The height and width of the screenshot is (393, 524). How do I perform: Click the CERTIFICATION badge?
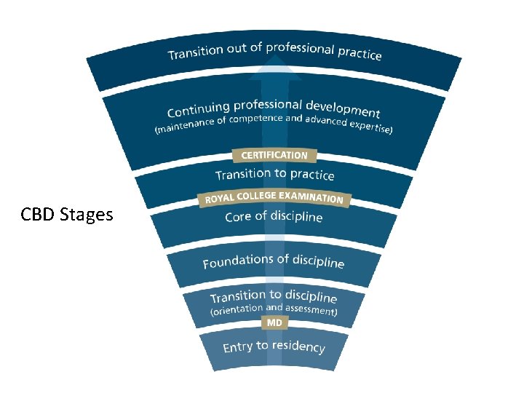[x=274, y=155]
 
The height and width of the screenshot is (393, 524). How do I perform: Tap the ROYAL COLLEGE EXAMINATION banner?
[x=274, y=197]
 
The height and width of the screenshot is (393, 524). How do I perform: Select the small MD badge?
[x=274, y=322]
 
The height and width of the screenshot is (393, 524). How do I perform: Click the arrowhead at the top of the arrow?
[x=274, y=69]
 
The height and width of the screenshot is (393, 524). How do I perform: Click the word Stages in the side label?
[x=89, y=215]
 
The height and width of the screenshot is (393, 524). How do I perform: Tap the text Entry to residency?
[x=274, y=346]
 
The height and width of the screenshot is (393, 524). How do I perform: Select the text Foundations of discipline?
[x=274, y=261]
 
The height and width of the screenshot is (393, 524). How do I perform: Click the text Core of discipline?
[x=274, y=217]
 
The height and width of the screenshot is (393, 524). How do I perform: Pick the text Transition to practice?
[x=274, y=175]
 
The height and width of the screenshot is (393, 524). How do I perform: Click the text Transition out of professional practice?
[x=274, y=52]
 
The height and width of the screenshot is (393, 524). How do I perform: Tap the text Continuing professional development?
[x=274, y=109]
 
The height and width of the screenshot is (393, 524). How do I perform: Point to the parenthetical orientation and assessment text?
[x=274, y=310]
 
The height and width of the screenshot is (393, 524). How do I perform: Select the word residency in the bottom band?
[x=298, y=346]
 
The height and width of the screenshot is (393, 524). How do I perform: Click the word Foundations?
[x=233, y=262]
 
